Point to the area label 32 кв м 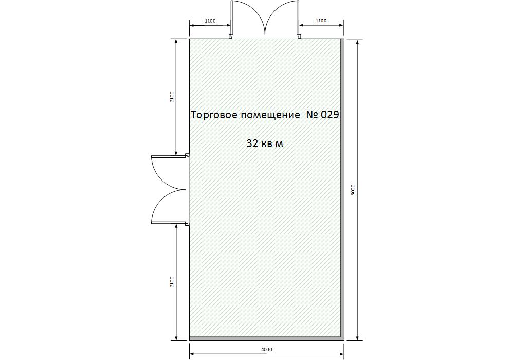[265, 143]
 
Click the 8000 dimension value [353, 190]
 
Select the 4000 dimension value [266, 350]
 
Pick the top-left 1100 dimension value [210, 21]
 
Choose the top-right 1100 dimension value [321, 21]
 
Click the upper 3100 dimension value [172, 96]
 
